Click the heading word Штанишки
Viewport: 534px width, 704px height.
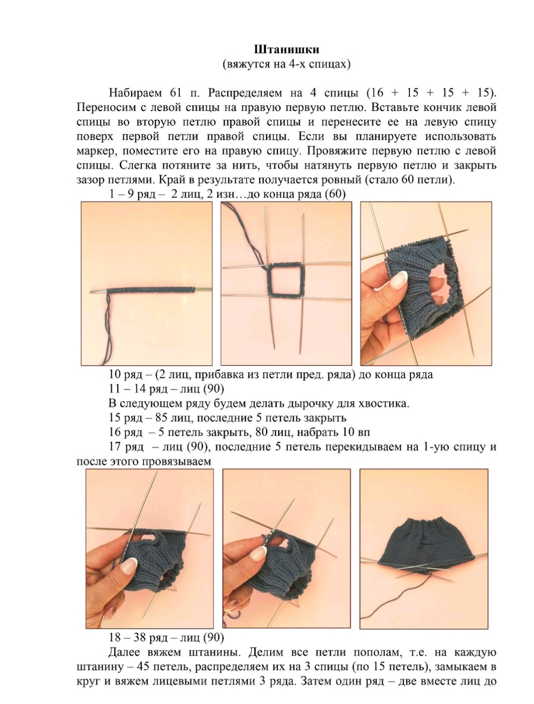click(286, 50)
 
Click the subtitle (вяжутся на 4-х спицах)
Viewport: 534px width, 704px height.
click(286, 64)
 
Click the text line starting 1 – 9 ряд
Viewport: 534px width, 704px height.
click(227, 195)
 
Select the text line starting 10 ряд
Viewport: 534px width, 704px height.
click(270, 375)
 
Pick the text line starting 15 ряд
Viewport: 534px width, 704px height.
click(227, 418)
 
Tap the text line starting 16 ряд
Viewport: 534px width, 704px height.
click(239, 432)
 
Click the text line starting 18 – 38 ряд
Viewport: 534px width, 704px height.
click(166, 637)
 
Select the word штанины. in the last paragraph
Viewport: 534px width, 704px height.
click(214, 653)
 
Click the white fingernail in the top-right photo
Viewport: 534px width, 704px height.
click(400, 280)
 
